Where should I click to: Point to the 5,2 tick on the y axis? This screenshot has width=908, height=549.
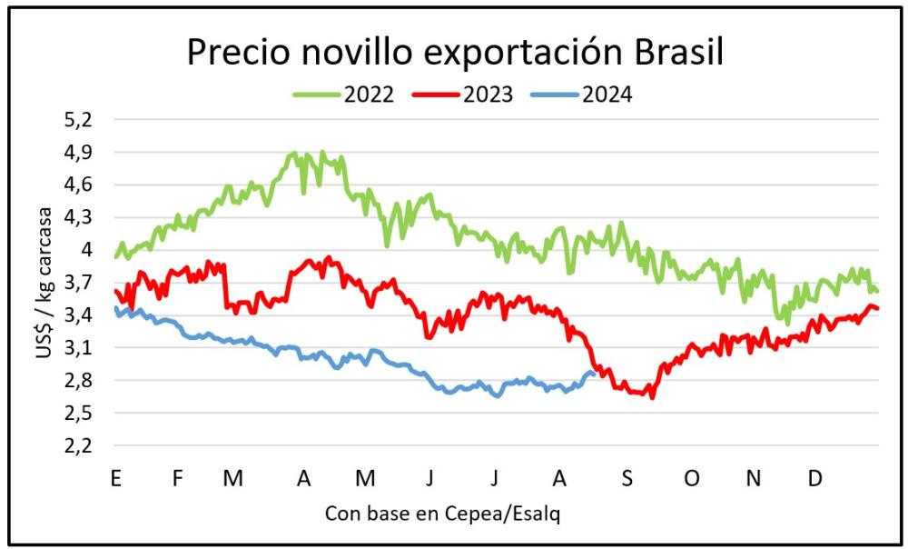pyautogui.click(x=80, y=120)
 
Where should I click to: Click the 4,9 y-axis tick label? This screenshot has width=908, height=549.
pyautogui.click(x=80, y=153)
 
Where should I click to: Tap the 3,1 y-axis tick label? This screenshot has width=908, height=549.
pyautogui.click(x=80, y=348)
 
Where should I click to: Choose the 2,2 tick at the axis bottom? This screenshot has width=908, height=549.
pyautogui.click(x=80, y=445)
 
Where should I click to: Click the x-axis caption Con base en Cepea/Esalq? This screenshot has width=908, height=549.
pyautogui.click(x=442, y=514)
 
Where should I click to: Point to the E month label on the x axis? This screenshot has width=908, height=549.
pyautogui.click(x=114, y=478)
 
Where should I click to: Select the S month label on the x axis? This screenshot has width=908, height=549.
pyautogui.click(x=627, y=478)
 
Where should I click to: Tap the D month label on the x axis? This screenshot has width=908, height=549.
pyautogui.click(x=815, y=478)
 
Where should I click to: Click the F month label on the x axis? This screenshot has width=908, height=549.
pyautogui.click(x=178, y=478)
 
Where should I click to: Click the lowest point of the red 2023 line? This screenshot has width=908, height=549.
pyautogui.click(x=652, y=397)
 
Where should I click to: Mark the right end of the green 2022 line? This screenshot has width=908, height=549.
pyautogui.click(x=878, y=292)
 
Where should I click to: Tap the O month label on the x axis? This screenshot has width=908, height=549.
pyautogui.click(x=692, y=478)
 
